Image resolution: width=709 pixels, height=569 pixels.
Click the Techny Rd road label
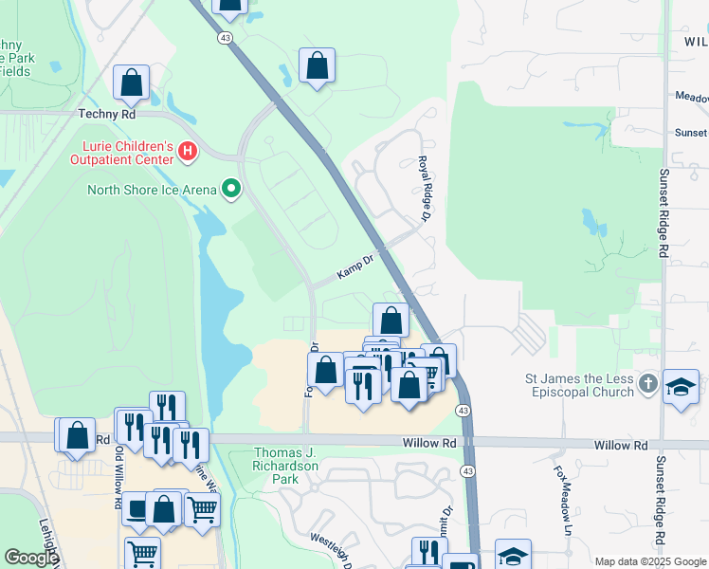click(108, 114)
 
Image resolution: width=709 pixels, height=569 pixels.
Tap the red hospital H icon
click(188, 151)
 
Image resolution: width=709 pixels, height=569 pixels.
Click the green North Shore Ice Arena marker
click(230, 190)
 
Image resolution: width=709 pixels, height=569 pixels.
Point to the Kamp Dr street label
click(356, 271)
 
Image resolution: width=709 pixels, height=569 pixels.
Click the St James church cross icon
click(647, 384)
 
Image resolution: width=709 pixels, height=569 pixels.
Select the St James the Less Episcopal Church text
click(579, 385)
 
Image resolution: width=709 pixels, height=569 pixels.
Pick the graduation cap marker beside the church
click(681, 387)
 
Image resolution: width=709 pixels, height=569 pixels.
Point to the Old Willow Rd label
click(119, 460)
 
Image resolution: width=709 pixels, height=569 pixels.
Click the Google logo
click(30, 558)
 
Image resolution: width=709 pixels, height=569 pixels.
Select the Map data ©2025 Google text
click(649, 561)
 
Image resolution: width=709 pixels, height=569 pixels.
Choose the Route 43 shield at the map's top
click(225, 38)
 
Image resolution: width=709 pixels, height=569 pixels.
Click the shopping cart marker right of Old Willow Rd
click(202, 509)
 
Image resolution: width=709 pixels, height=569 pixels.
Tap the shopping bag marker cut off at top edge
click(228, 6)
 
